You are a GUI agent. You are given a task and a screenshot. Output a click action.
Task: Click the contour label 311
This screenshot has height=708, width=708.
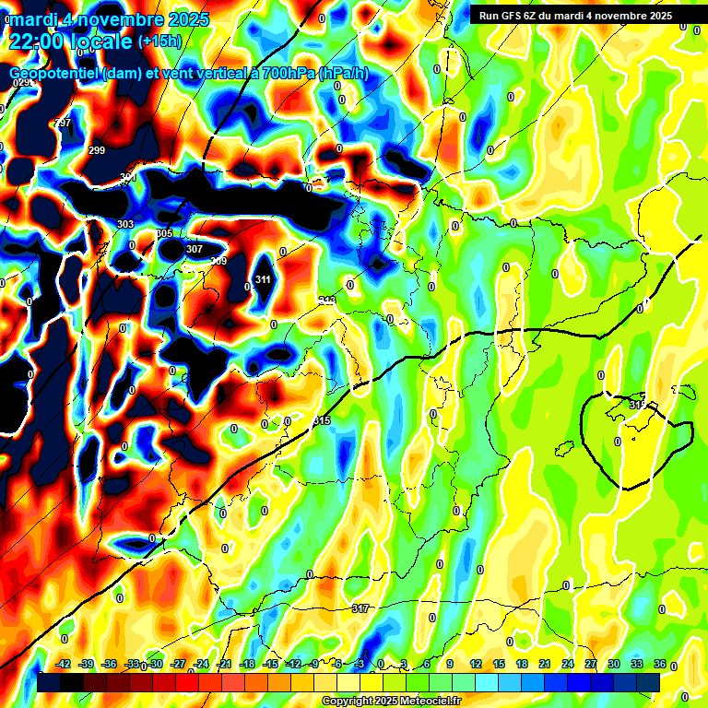(263, 279)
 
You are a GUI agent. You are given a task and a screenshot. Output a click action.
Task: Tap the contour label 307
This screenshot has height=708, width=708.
(195, 249)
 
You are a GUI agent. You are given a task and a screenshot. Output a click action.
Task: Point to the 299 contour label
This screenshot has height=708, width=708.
(97, 150)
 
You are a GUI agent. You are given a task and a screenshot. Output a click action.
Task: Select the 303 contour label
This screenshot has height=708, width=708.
(125, 224)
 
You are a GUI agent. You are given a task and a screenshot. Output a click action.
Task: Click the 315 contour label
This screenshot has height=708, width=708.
(322, 420)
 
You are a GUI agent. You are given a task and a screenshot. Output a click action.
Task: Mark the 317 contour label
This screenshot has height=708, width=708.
(360, 608)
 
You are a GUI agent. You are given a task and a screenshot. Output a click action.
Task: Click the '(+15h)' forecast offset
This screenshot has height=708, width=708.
(159, 41)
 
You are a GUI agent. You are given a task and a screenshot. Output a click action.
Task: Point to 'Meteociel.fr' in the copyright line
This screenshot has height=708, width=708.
(429, 702)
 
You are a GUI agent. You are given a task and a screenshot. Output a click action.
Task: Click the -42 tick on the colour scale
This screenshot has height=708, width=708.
(64, 664)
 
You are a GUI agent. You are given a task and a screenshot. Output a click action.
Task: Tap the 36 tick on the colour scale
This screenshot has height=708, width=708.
(660, 664)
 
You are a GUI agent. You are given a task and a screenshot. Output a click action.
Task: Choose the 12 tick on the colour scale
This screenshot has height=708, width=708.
(475, 664)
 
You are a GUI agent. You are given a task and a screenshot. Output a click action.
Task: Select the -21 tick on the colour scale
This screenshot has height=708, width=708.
(224, 664)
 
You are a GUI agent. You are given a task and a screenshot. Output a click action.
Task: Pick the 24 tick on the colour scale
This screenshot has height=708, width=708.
(567, 664)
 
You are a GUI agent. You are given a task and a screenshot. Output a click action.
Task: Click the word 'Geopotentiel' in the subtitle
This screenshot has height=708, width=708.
(54, 73)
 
